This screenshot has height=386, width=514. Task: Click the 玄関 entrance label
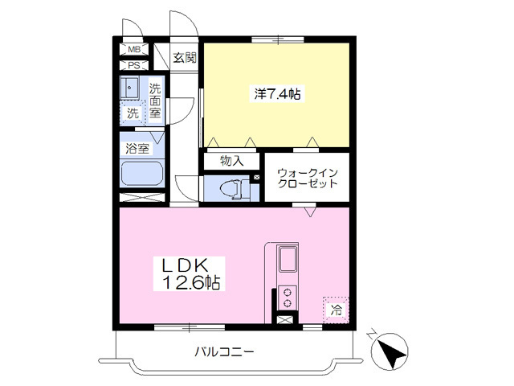185,57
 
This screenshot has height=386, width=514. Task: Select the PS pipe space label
134,66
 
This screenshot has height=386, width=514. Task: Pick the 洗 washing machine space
133,113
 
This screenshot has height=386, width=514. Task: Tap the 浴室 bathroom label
137,148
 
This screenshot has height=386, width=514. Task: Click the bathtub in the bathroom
141,174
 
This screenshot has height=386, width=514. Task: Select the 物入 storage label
231,161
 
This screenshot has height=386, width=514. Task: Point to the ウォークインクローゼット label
307,177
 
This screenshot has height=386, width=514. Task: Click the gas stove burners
288,297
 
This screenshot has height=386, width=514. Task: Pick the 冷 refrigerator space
337,308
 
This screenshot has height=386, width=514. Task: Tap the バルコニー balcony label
224,351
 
